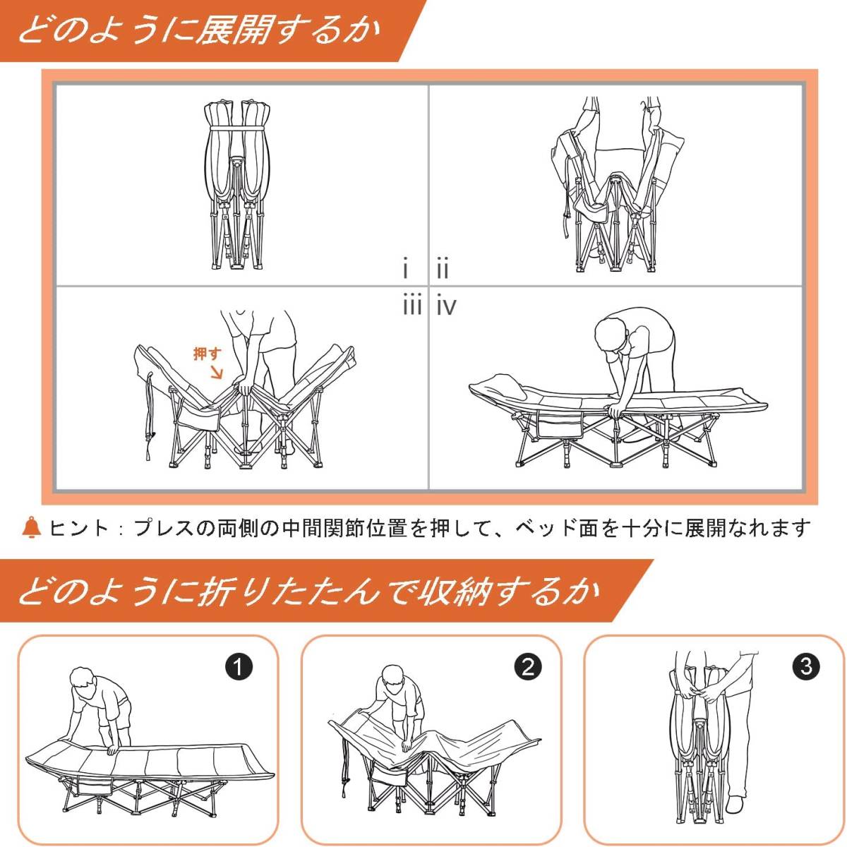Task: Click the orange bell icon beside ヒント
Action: pyautogui.click(x=31, y=527)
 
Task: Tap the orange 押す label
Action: pyautogui.click(x=208, y=354)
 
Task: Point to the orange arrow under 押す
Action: pyautogui.click(x=217, y=373)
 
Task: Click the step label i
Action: pyautogui.click(x=405, y=268)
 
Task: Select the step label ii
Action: pyautogui.click(x=443, y=268)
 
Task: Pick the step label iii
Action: pyautogui.click(x=412, y=304)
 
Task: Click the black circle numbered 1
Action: pyautogui.click(x=239, y=668)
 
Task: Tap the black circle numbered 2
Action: pyautogui.click(x=528, y=666)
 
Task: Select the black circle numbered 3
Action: pyautogui.click(x=806, y=666)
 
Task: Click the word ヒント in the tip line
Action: pyautogui.click(x=78, y=528)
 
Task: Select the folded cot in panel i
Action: pyautogui.click(x=235, y=185)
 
